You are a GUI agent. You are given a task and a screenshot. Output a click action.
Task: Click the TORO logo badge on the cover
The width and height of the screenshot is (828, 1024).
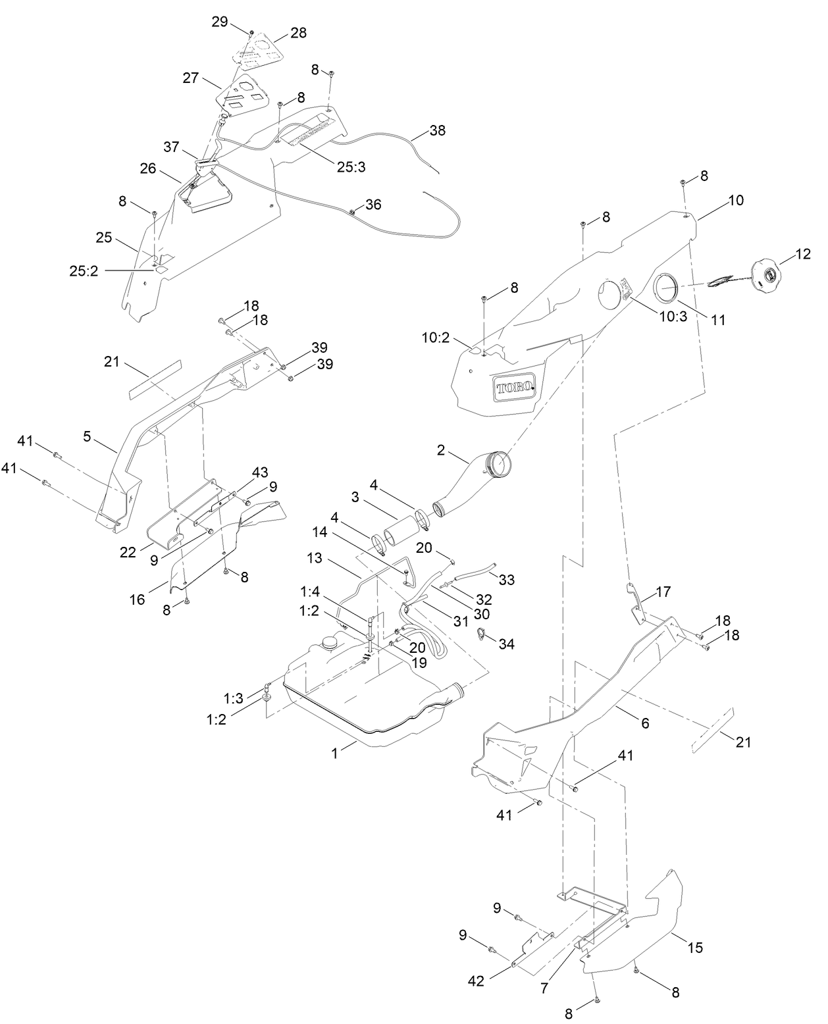click(x=515, y=388)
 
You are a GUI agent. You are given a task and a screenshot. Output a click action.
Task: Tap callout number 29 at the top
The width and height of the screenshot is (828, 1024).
click(x=219, y=22)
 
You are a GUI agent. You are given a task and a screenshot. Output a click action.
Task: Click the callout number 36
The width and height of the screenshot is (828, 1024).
click(x=373, y=205)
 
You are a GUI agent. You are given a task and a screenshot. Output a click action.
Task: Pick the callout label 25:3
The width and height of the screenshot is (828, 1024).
click(x=351, y=167)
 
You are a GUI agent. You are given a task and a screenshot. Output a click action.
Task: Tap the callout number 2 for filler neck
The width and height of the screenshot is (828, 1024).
click(x=441, y=450)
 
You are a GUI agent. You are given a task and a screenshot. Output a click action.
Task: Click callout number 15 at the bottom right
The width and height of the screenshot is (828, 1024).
click(x=695, y=948)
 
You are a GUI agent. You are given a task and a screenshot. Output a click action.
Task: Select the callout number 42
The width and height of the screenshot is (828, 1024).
click(x=476, y=981)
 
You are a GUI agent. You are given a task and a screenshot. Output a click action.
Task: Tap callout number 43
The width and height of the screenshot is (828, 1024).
click(x=260, y=473)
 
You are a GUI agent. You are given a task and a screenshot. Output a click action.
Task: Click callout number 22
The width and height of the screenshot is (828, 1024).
click(x=128, y=552)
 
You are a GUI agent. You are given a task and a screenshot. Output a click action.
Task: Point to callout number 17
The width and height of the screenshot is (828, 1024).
click(x=663, y=592)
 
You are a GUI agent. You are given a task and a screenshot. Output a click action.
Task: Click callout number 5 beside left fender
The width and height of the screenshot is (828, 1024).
click(x=87, y=436)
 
